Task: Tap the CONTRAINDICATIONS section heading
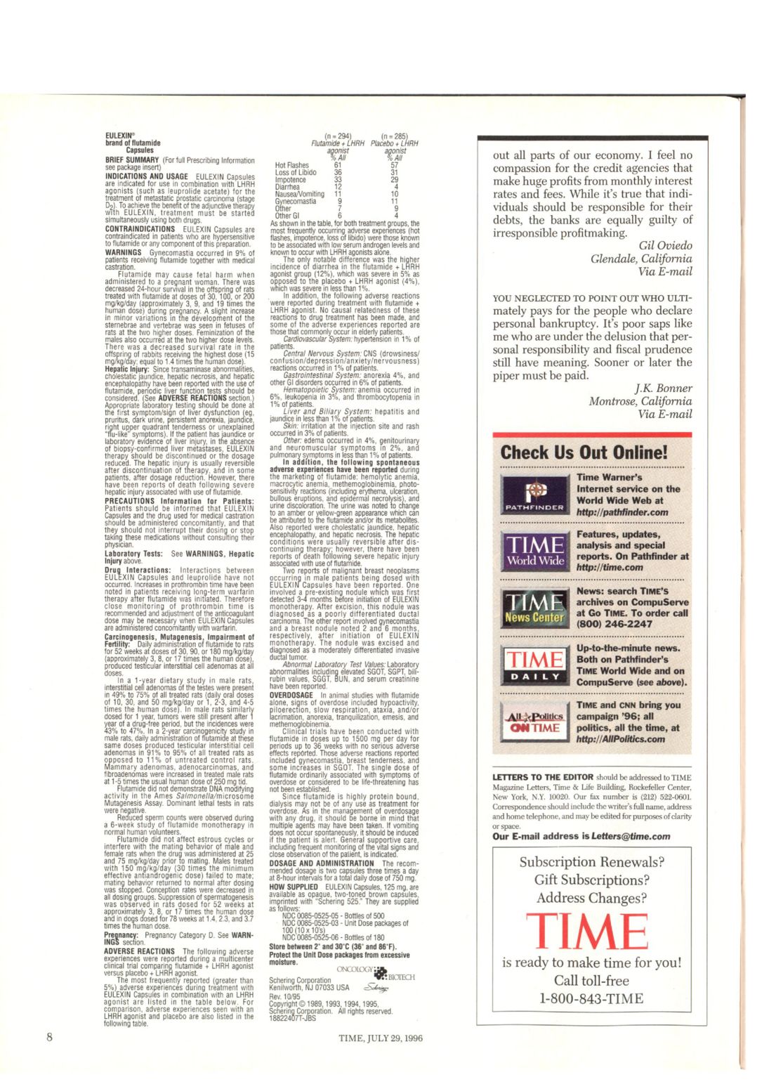click(140, 229)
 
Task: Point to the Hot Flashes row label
click(291, 165)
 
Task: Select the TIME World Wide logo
click(535, 551)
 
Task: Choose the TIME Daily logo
click(535, 665)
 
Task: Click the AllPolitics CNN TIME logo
click(535, 722)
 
